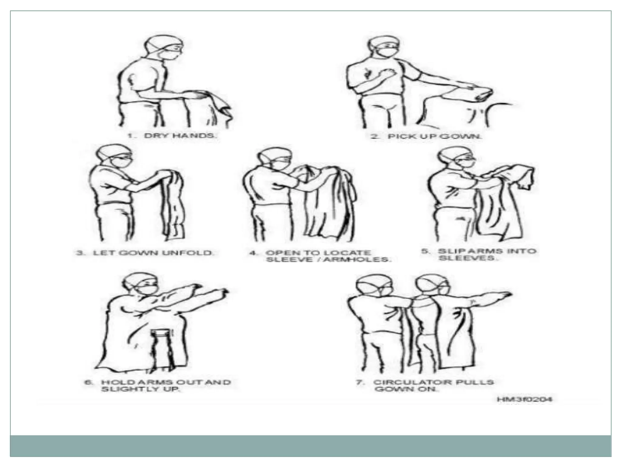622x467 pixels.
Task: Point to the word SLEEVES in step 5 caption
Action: (x=467, y=258)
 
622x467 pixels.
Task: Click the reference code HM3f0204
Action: (x=524, y=399)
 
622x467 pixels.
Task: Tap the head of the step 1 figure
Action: (x=163, y=49)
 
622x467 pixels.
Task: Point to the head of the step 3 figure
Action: (x=114, y=157)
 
